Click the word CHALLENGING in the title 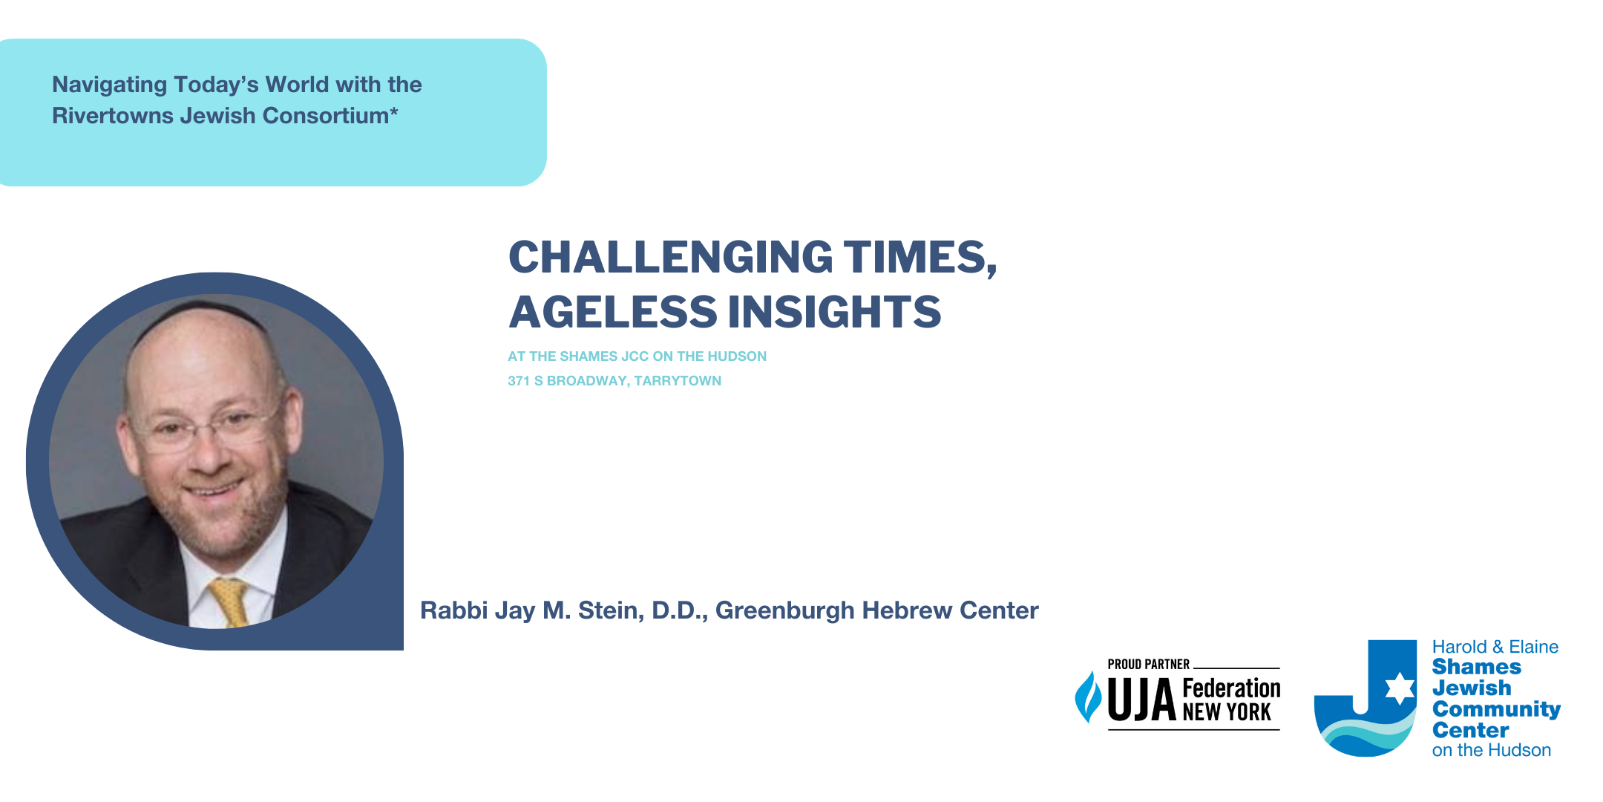(671, 257)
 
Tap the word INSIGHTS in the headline (834, 311)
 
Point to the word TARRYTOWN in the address (678, 381)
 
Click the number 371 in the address (519, 381)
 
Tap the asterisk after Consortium (394, 111)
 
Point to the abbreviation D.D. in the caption (680, 611)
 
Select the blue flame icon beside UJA (1089, 697)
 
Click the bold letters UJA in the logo (1141, 700)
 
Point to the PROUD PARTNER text (1149, 664)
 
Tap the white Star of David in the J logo (1400, 688)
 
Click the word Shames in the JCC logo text (1477, 667)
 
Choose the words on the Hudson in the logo (1492, 751)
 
